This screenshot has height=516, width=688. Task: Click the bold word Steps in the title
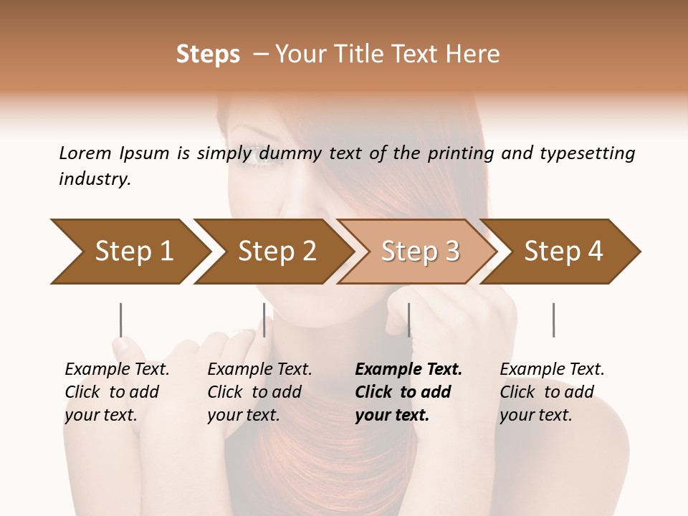click(x=208, y=54)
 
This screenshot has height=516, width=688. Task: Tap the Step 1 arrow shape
click(x=129, y=251)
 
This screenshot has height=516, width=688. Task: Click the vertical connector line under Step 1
click(x=121, y=320)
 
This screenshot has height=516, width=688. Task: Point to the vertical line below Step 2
click(x=264, y=320)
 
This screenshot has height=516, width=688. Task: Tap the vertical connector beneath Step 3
click(x=408, y=320)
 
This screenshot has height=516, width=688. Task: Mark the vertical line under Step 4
click(x=553, y=320)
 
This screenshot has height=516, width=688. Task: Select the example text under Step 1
click(x=116, y=392)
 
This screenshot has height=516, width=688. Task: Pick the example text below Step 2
click(x=259, y=392)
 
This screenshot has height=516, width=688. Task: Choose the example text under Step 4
click(x=551, y=392)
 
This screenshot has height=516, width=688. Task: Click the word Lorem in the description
click(x=85, y=153)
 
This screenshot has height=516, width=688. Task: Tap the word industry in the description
click(x=95, y=179)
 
